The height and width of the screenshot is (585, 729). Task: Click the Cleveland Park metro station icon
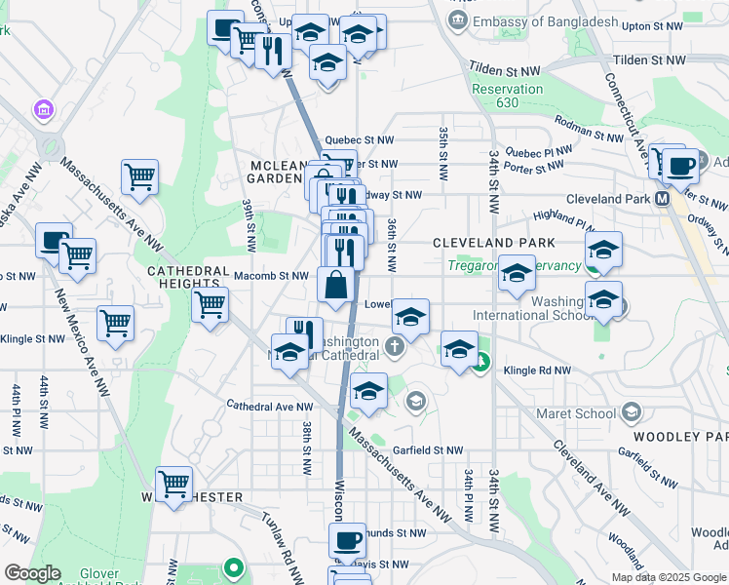coord(663,199)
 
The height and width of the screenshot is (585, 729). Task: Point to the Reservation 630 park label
coord(507,96)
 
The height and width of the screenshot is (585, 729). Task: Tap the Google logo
coord(32,572)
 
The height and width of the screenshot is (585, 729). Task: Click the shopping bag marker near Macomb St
coord(335,286)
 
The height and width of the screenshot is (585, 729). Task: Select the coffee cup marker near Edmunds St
coord(346,540)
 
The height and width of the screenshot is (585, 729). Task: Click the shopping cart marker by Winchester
coord(173,484)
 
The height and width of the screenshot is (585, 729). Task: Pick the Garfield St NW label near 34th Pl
coord(434,450)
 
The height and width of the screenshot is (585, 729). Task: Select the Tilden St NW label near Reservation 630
coord(504,71)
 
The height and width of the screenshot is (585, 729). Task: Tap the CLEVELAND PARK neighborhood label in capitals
coord(493,243)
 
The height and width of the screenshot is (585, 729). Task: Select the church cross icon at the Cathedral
coord(394,346)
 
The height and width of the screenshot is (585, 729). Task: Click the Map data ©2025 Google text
coord(668,576)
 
